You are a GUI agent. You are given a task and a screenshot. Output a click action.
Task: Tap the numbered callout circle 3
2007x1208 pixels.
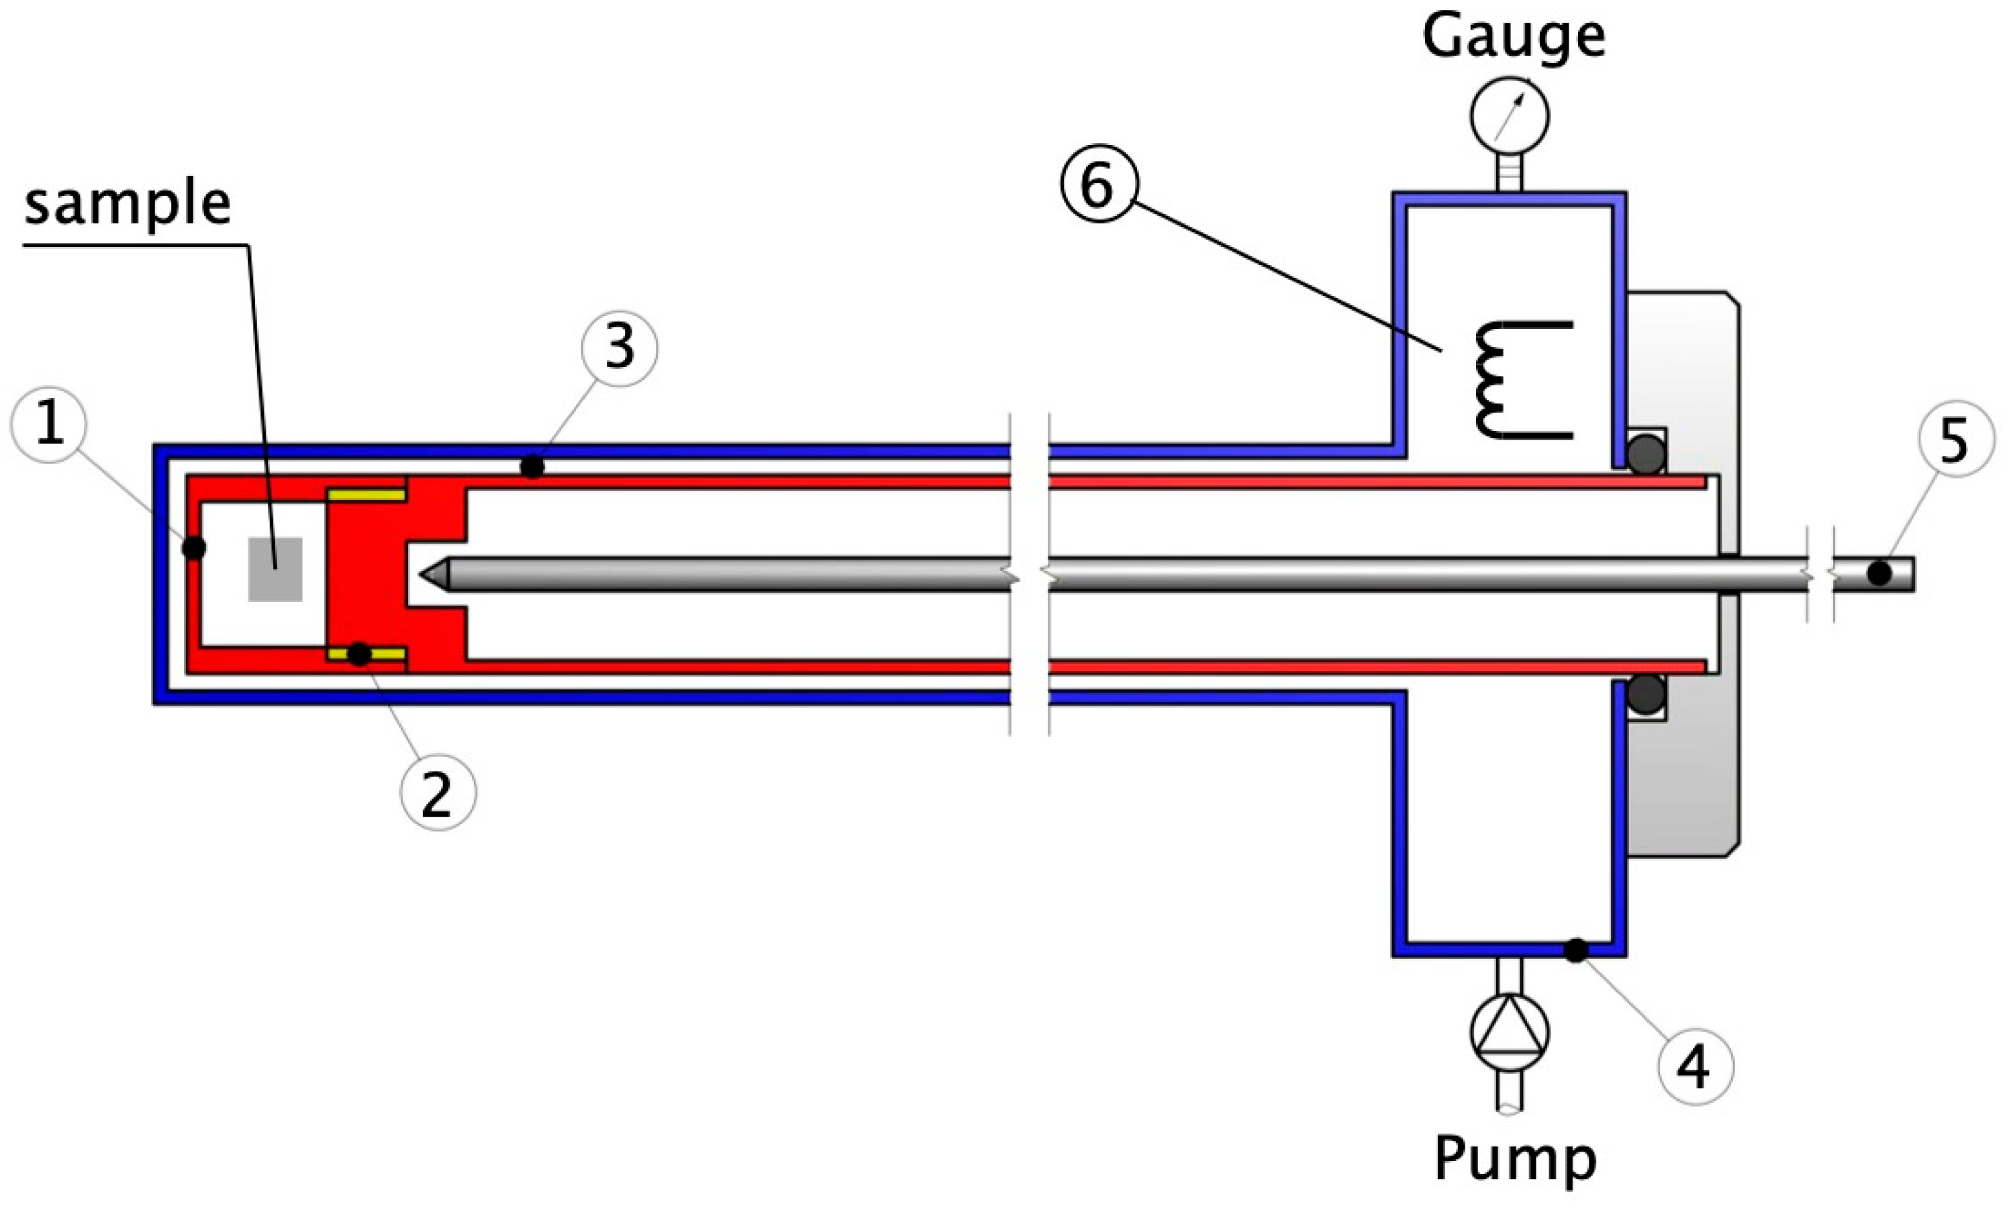tap(620, 348)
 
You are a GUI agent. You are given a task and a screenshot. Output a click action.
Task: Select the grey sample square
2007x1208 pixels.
tap(275, 569)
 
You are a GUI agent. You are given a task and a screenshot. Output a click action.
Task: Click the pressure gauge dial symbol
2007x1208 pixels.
tap(1510, 115)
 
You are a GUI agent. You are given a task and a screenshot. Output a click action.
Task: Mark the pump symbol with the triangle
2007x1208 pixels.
tap(1510, 1033)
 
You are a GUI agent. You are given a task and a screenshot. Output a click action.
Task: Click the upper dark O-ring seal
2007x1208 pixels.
tap(1645, 456)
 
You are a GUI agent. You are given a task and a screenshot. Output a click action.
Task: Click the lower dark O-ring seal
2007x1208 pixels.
tap(1645, 693)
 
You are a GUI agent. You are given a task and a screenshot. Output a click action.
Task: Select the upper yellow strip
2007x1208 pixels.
tap(366, 495)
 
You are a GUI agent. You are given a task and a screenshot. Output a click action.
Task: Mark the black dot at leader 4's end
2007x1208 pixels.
tap(1575, 950)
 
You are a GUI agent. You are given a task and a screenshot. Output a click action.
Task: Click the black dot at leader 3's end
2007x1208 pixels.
tap(532, 467)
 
